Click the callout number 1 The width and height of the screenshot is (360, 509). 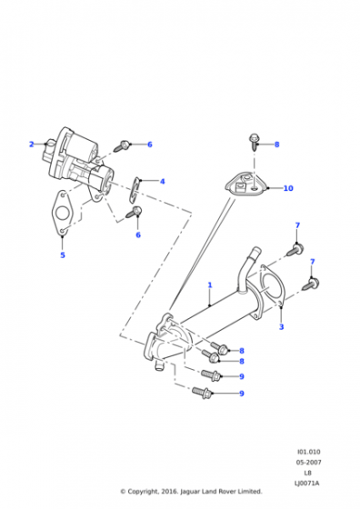[210, 285]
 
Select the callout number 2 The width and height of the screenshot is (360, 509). [32, 145]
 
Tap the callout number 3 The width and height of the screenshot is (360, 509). [282, 326]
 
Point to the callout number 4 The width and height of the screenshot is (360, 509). [163, 181]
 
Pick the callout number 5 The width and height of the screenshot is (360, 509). [63, 255]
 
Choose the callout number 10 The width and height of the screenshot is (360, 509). [288, 188]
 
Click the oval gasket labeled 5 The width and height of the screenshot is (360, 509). [61, 213]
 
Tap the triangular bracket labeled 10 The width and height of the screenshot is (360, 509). [245, 186]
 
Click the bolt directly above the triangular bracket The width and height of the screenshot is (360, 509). [254, 143]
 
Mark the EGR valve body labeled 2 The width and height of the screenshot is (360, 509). [79, 160]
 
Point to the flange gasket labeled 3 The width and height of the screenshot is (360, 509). [272, 285]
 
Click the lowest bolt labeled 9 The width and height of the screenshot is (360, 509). [203, 392]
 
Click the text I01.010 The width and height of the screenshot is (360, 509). [308, 452]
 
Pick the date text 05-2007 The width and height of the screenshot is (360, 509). [308, 463]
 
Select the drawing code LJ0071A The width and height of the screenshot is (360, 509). [306, 484]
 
